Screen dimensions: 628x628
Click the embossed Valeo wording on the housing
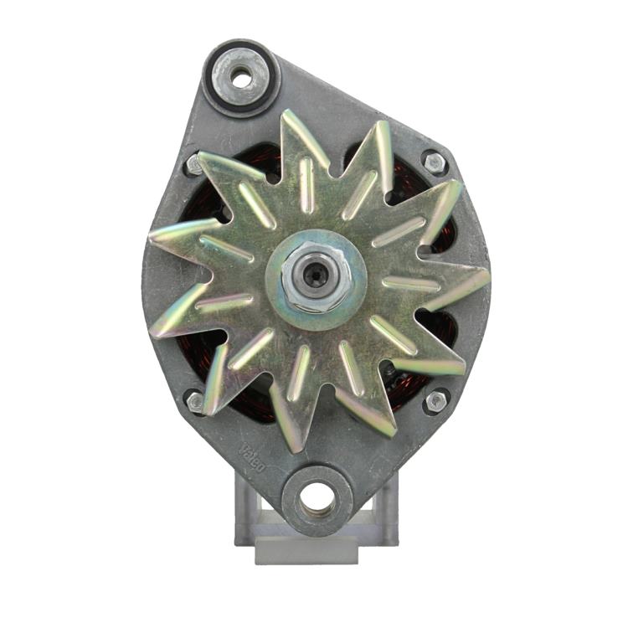pos(251,458)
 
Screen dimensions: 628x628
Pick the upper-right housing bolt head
pos(433,162)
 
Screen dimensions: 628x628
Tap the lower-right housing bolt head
pos(435,401)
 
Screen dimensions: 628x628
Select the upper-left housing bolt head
pos(195,164)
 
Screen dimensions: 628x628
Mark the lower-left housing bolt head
pos(196,403)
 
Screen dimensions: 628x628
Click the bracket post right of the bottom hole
pos(385,502)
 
